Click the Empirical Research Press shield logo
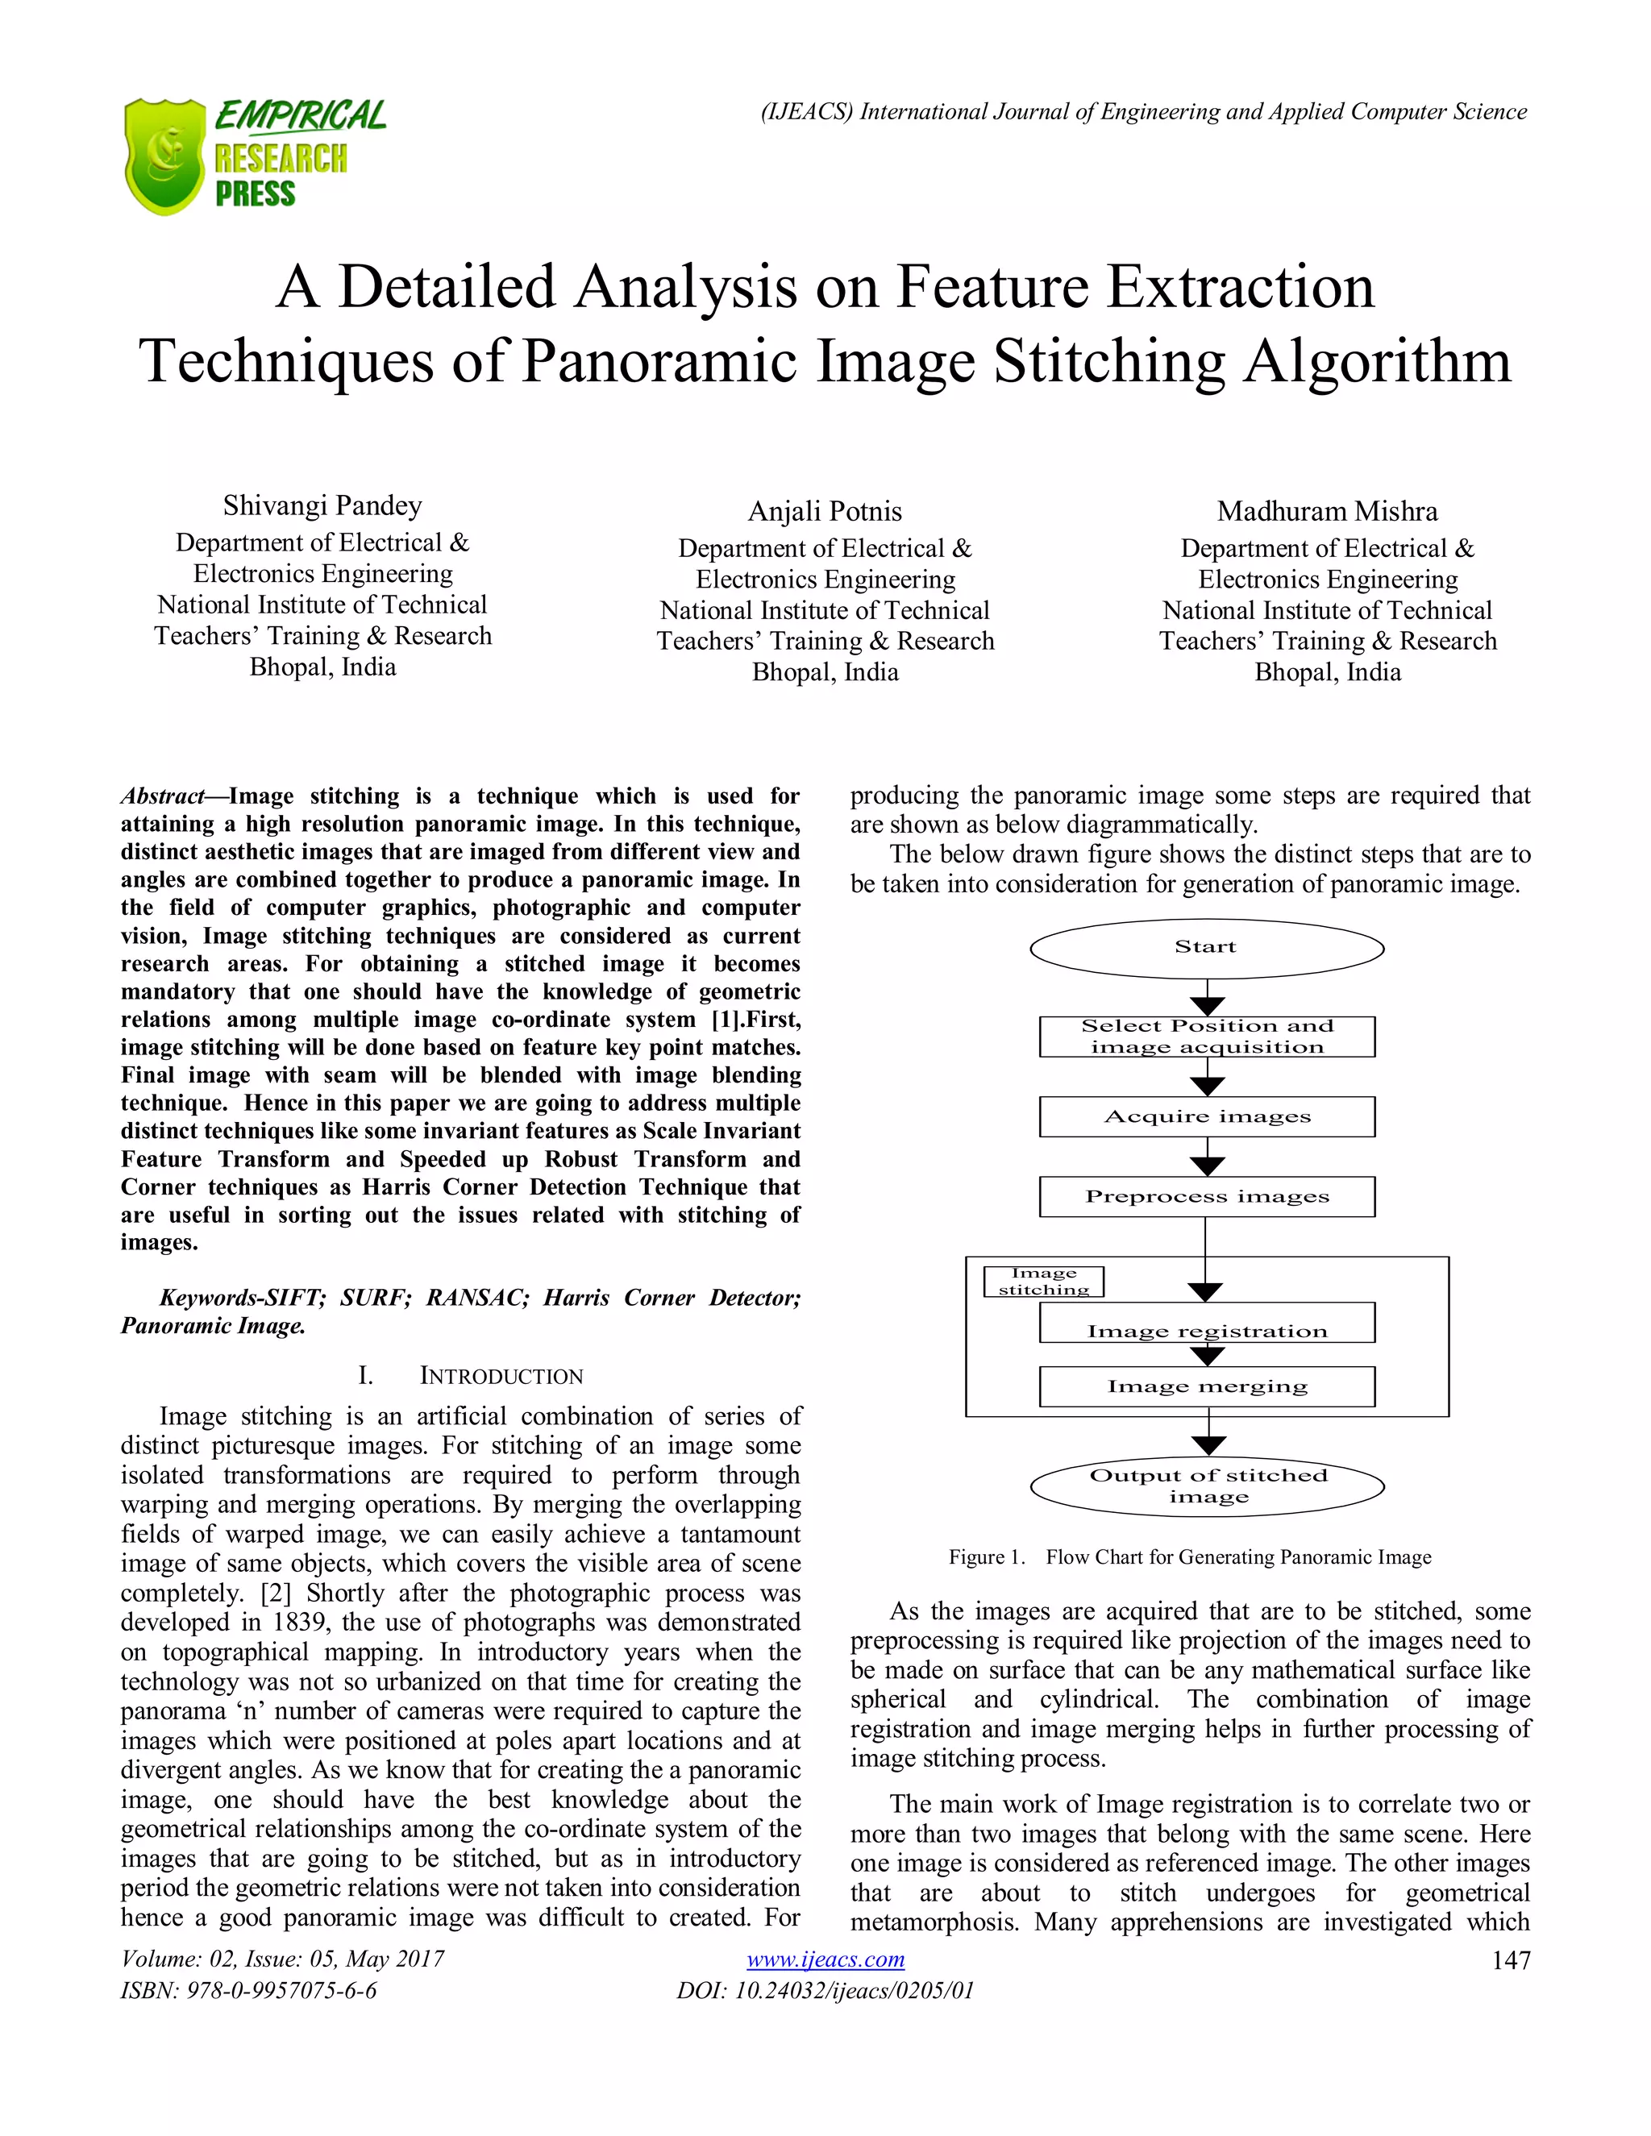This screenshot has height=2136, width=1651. (164, 156)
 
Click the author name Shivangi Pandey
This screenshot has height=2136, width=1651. (322, 505)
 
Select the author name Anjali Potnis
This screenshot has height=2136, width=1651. (825, 512)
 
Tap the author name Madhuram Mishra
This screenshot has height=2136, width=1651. (1326, 512)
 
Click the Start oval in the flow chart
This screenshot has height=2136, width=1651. (1207, 948)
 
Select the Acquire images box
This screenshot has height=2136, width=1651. (1207, 1117)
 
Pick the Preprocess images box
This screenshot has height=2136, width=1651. (1207, 1197)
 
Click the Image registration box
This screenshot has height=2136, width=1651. (1207, 1324)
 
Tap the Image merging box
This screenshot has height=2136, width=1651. (1207, 1387)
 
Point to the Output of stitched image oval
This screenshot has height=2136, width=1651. (1207, 1486)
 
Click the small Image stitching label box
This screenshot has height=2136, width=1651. (1044, 1282)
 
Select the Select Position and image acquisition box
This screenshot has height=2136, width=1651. (1207, 1037)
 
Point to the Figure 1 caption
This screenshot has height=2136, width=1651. (1189, 1557)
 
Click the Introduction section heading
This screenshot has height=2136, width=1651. (500, 1376)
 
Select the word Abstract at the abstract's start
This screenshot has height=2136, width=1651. (162, 796)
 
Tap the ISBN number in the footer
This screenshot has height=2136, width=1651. (248, 1990)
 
